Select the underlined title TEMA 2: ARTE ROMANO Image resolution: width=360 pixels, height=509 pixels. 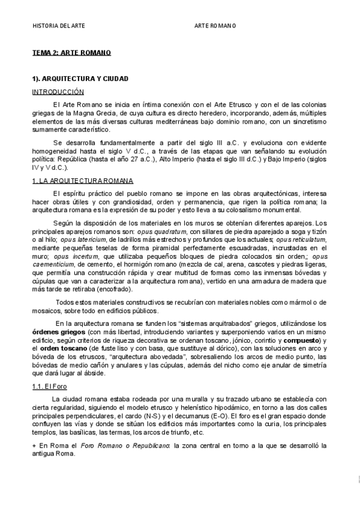[71, 53]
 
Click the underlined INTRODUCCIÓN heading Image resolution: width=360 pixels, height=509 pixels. [58, 92]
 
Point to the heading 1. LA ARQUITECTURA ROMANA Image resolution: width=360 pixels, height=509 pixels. [82, 181]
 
